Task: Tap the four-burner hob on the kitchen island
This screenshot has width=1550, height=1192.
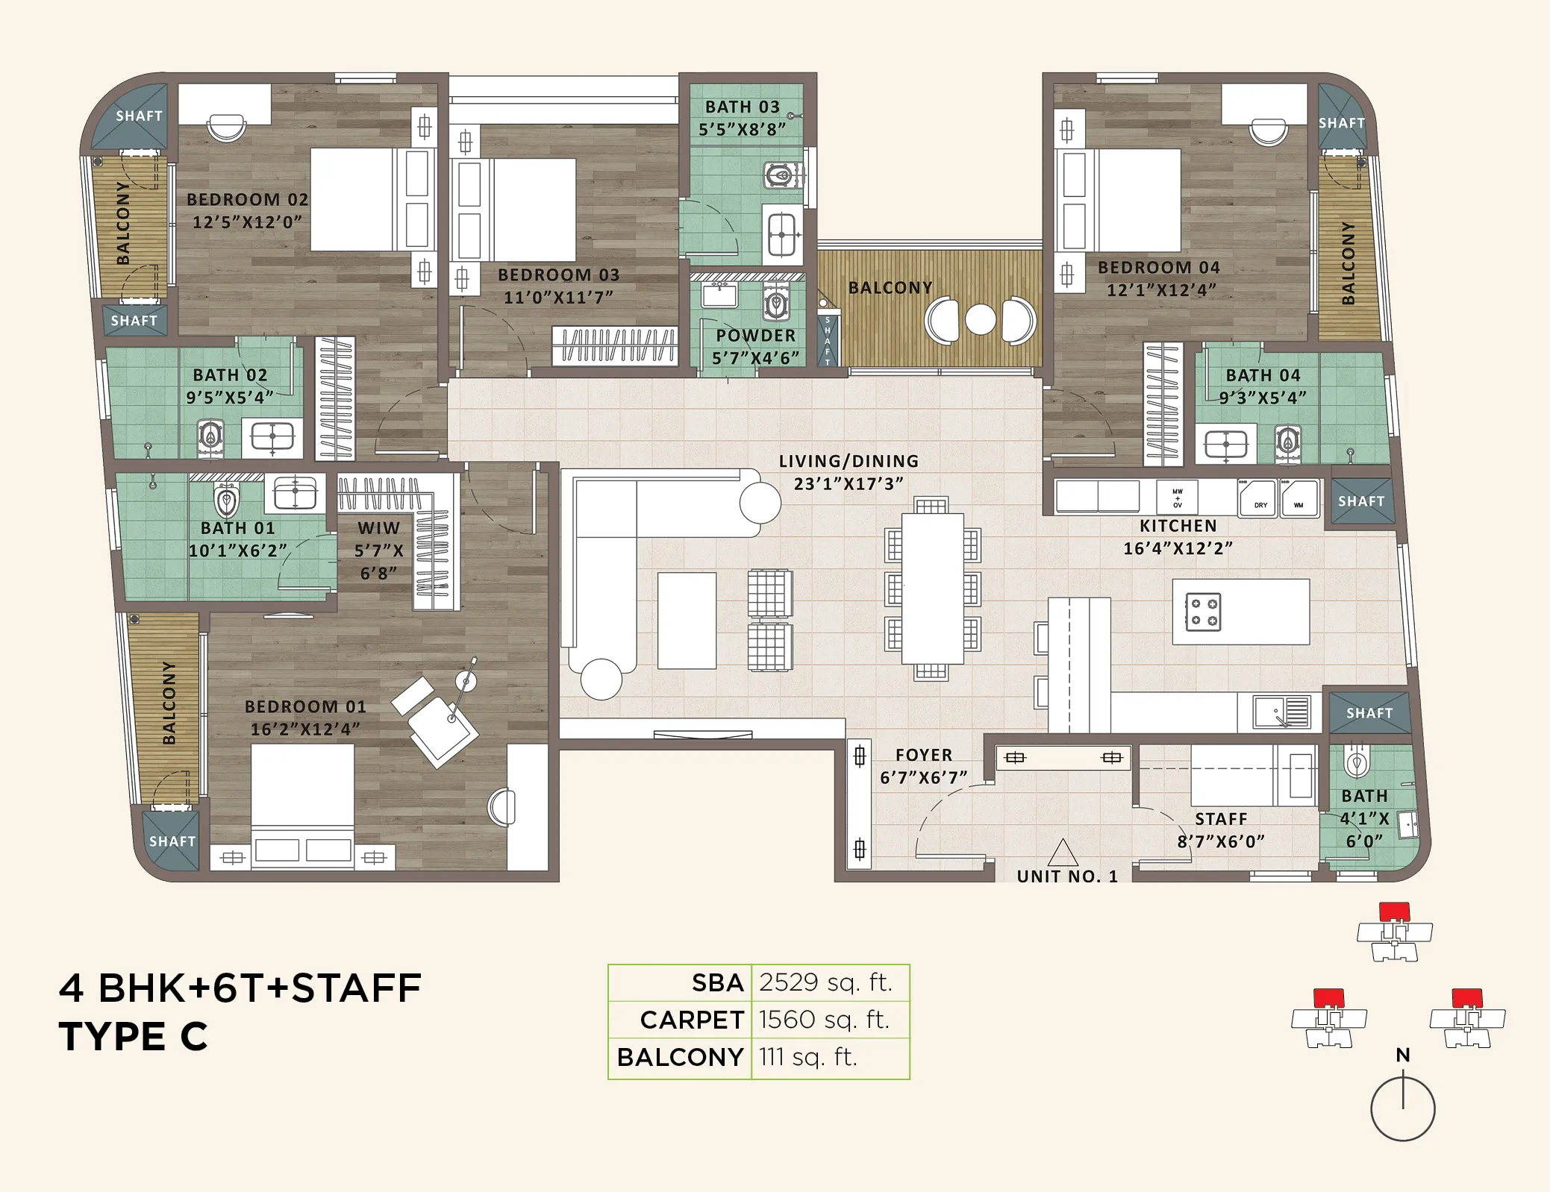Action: coord(1203,612)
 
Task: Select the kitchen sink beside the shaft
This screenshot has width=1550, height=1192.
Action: coord(1281,712)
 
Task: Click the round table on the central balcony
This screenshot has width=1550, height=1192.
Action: coord(980,320)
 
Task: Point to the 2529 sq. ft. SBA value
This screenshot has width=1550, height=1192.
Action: coord(825,982)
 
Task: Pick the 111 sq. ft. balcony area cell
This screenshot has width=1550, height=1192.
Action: coord(807,1057)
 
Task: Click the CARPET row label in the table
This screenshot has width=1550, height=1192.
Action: coord(691,1020)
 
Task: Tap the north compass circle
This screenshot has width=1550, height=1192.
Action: coord(1402,1108)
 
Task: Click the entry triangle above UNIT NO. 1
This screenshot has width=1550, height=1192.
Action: coord(1063,853)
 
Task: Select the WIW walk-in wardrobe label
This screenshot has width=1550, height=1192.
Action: coord(378,528)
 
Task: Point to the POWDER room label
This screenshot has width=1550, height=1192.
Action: coord(755,336)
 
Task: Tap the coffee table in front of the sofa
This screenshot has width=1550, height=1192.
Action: coord(687,621)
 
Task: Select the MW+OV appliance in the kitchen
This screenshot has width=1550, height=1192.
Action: coord(1177,497)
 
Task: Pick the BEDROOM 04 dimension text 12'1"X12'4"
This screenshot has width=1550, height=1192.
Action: coord(1160,289)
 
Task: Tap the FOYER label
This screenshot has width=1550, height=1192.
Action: coord(923,755)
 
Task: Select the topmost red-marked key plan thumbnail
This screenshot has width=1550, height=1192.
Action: coord(1394,932)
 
